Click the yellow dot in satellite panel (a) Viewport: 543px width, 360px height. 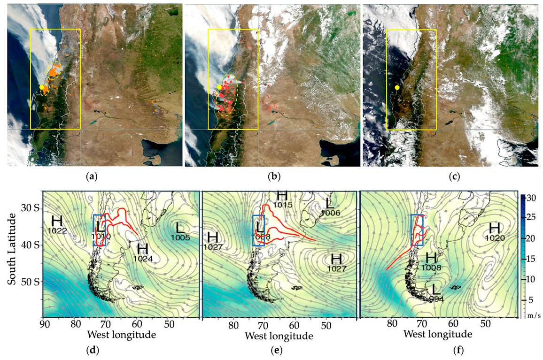(x=42, y=87)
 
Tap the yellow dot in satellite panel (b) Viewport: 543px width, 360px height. (x=219, y=87)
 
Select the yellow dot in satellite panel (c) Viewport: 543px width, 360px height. (x=397, y=87)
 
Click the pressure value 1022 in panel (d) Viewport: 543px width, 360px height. (x=57, y=230)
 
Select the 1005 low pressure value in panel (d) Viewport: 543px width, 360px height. (x=180, y=237)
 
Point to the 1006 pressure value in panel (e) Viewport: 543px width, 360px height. (x=330, y=213)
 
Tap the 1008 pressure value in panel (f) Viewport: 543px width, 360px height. (x=432, y=267)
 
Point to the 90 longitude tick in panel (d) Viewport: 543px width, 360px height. (x=44, y=324)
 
